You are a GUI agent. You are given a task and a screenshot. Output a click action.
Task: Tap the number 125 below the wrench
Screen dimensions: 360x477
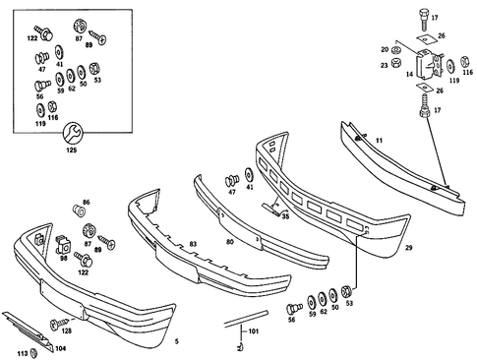pyautogui.click(x=71, y=150)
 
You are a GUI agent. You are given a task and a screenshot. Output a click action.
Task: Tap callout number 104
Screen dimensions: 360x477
pyautogui.click(x=60, y=348)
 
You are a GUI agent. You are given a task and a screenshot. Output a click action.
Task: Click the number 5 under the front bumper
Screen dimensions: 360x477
pyautogui.click(x=176, y=341)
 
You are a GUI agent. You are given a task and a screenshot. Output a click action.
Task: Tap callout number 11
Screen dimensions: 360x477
pyautogui.click(x=378, y=141)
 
